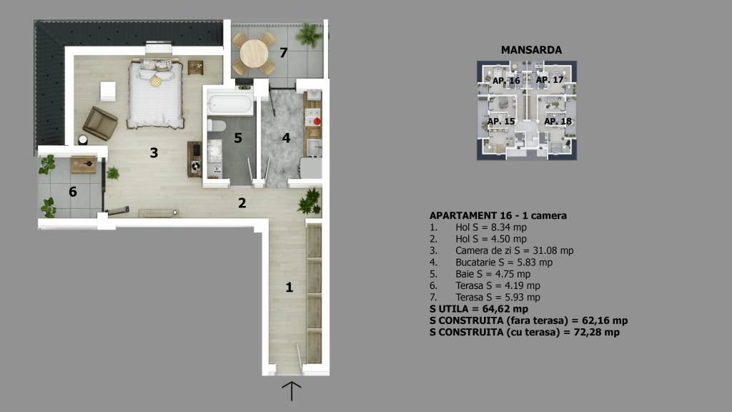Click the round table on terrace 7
coord(254,54)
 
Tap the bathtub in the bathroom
coord(229,104)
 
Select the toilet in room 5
coord(217,125)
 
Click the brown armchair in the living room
coord(100,123)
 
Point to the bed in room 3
coord(155,93)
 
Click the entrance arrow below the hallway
coord(292,391)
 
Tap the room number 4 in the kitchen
coord(286,138)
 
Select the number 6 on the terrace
coord(73,192)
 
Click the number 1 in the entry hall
coord(290,287)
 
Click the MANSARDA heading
coord(531,50)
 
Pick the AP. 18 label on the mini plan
coord(558,122)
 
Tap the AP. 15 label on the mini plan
coord(501,122)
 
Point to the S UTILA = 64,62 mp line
coord(479,309)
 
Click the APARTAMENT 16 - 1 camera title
coord(498,216)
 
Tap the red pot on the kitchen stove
coord(317,122)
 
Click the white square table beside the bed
coord(108,91)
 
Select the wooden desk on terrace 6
coord(84,165)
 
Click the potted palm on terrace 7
coord(309,35)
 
